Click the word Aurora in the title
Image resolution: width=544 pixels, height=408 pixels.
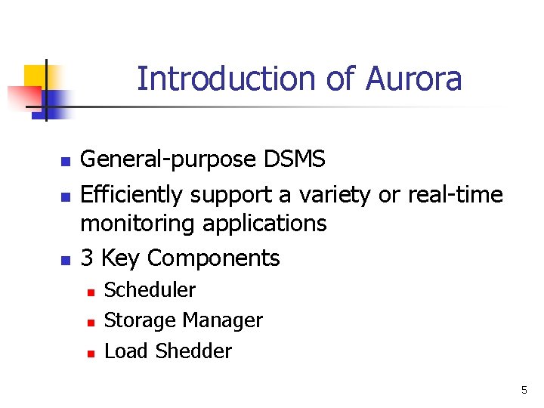pyautogui.click(x=413, y=79)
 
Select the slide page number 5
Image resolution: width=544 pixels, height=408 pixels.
pyautogui.click(x=524, y=390)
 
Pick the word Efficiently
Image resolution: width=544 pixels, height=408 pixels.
pyautogui.click(x=131, y=195)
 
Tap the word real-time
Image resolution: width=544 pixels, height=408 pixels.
pyautogui.click(x=455, y=195)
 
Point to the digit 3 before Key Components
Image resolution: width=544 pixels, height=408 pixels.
pyautogui.click(x=87, y=258)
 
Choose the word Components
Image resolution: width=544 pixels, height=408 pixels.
pyautogui.click(x=214, y=258)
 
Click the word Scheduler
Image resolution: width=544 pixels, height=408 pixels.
pyautogui.click(x=150, y=290)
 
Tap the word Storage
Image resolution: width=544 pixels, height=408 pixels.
pyautogui.click(x=134, y=320)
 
